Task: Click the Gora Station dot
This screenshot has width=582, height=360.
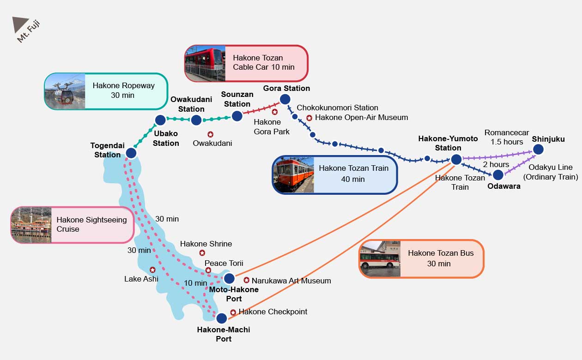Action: click(285, 99)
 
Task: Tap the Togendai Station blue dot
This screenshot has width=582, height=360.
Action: click(131, 153)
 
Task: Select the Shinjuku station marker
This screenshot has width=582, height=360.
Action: click(539, 150)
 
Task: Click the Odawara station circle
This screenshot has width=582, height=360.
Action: click(498, 175)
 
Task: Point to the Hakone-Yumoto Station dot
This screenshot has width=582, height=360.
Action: click(456, 159)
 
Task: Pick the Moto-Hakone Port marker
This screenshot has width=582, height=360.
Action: click(229, 278)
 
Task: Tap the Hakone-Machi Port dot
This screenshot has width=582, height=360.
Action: click(222, 318)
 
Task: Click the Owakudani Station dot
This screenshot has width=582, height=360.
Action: click(196, 120)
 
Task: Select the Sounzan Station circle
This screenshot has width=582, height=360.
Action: click(237, 116)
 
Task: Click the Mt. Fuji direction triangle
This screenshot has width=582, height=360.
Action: click(19, 24)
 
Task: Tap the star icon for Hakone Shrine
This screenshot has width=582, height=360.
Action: click(202, 252)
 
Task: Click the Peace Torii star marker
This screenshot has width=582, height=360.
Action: click(208, 270)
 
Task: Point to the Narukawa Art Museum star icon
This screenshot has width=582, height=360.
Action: click(246, 280)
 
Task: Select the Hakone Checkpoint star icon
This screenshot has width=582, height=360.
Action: click(233, 312)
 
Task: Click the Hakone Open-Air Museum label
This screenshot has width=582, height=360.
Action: click(361, 118)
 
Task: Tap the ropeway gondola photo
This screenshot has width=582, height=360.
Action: click(65, 91)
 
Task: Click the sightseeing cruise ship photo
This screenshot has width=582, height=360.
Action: click(31, 225)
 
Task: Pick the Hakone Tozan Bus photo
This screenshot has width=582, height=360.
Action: click(380, 259)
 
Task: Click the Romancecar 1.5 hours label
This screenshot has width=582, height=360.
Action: click(507, 137)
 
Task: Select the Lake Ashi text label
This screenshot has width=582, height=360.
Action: click(141, 279)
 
